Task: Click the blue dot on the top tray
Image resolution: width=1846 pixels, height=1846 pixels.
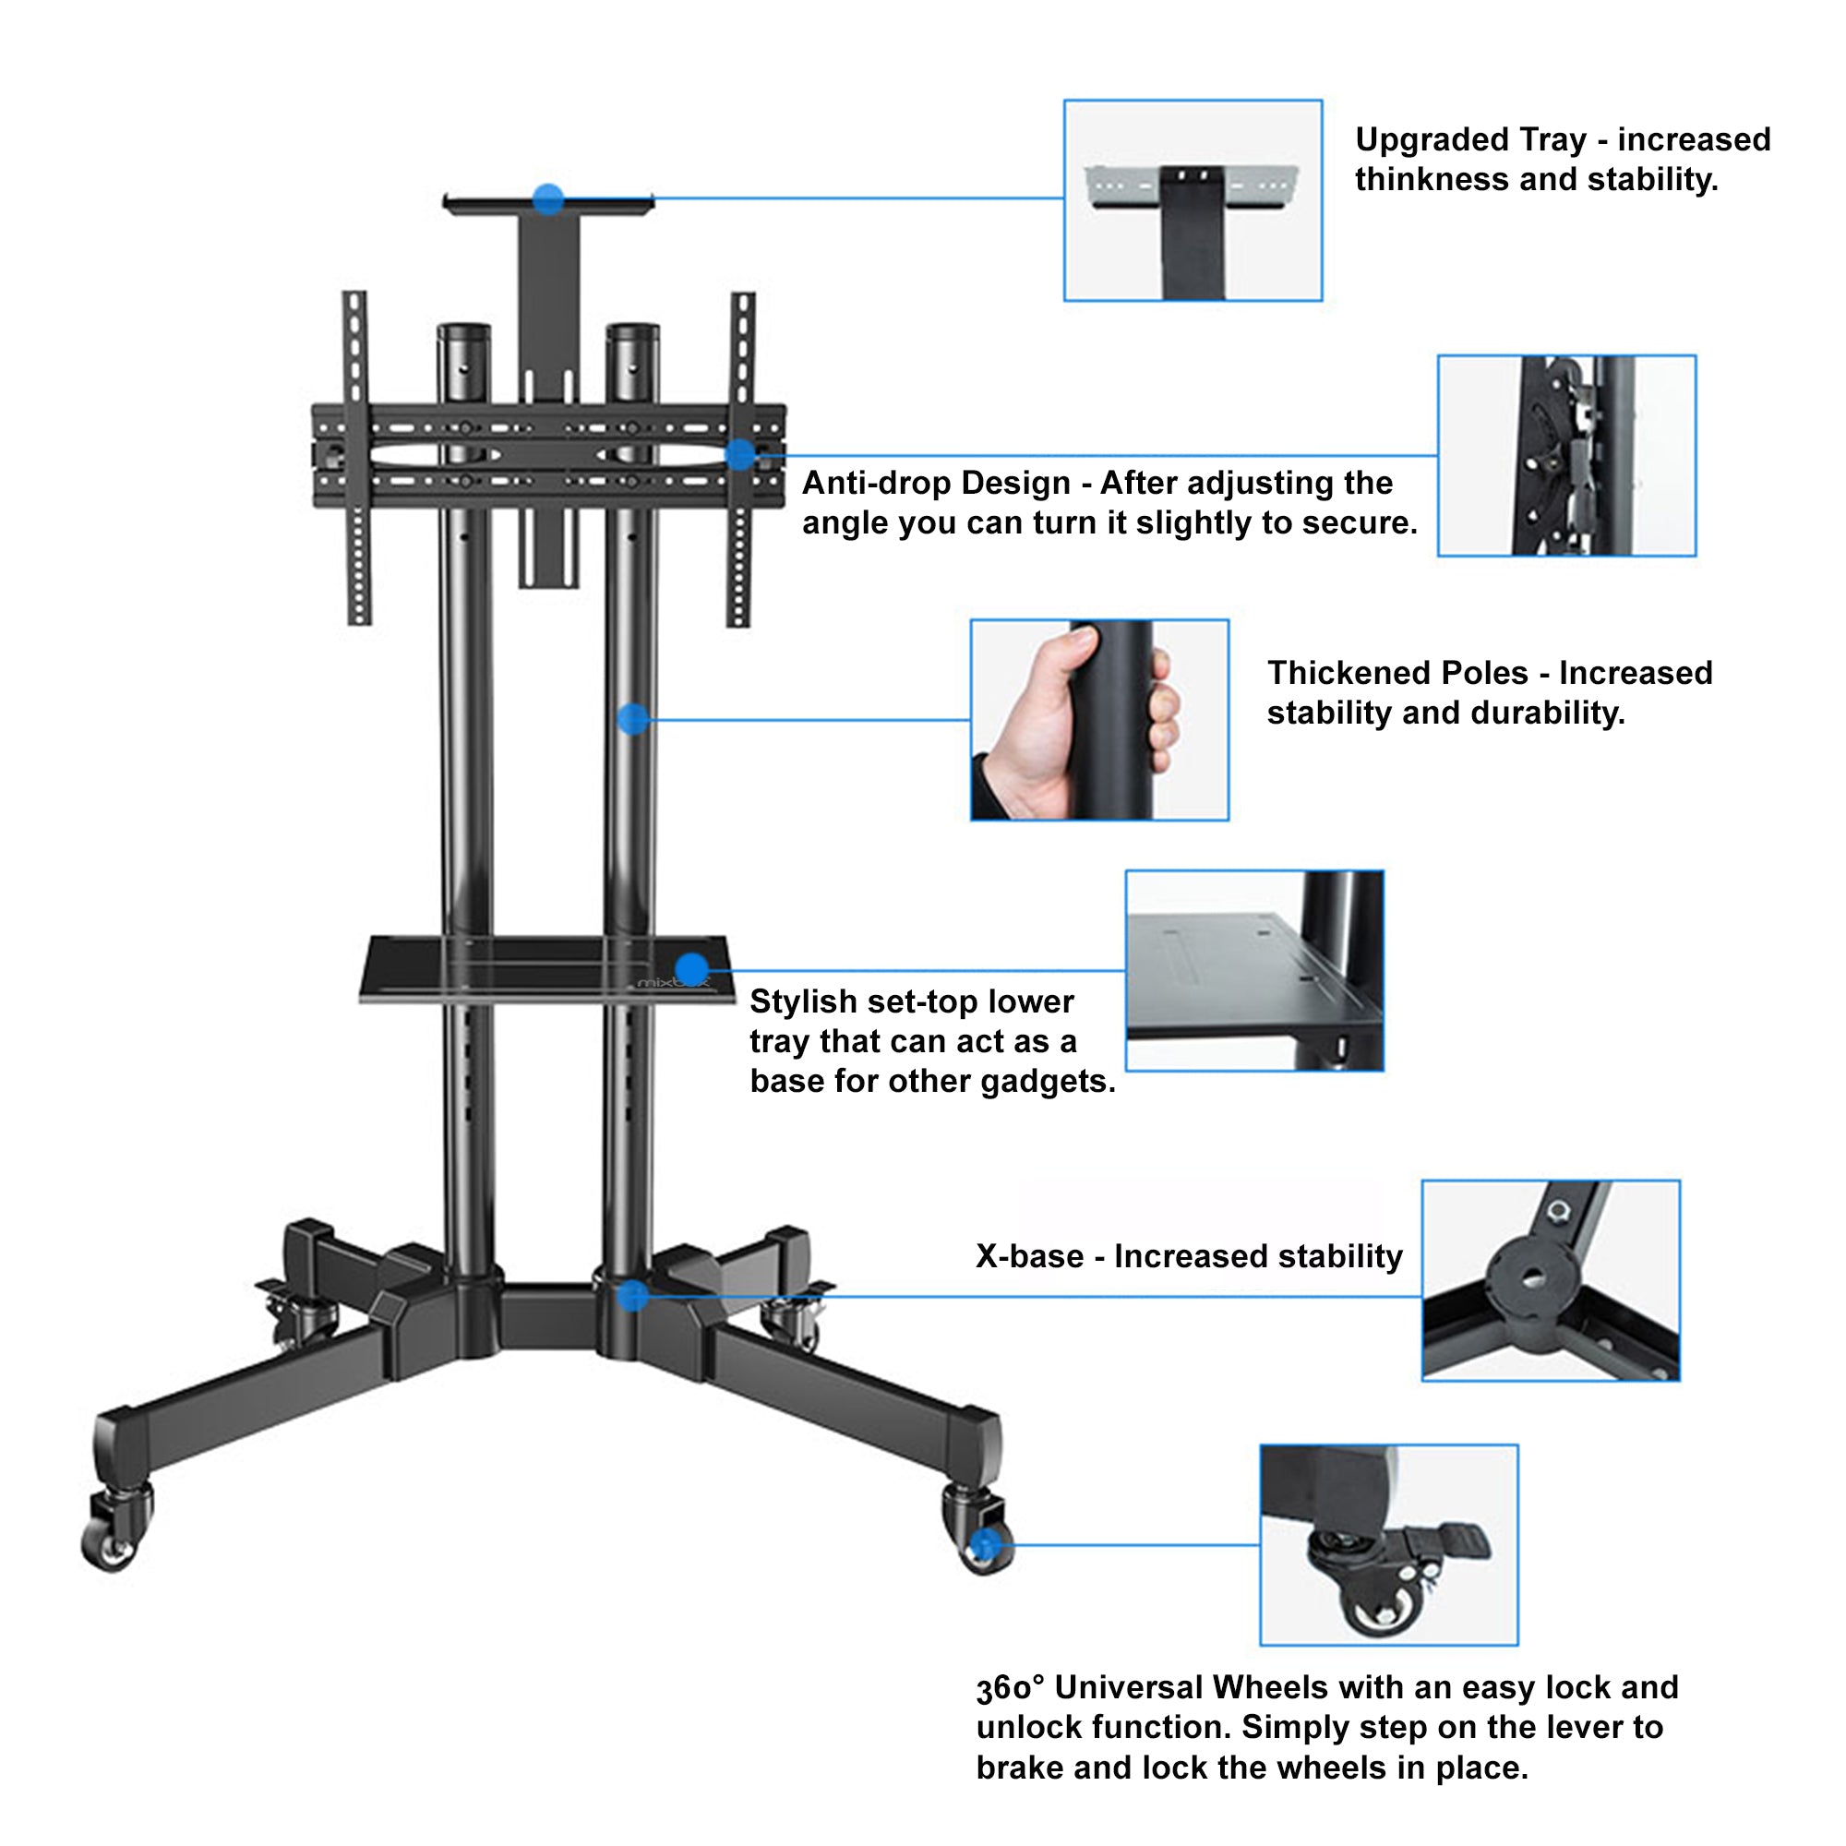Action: [x=548, y=199]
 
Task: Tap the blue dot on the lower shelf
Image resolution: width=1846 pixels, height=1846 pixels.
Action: [x=690, y=969]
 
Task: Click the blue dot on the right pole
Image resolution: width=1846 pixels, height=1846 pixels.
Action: [x=632, y=720]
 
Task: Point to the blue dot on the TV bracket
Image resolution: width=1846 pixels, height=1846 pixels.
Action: [x=739, y=455]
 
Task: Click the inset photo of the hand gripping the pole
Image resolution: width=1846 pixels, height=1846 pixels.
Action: [x=1100, y=721]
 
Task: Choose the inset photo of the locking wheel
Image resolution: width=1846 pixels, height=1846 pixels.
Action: [x=1388, y=1544]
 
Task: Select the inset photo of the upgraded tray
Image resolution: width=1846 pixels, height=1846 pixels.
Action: [x=1193, y=200]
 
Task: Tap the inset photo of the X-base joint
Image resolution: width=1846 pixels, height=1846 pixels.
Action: [x=1550, y=1280]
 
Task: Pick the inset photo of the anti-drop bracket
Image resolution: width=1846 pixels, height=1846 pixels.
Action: [x=1566, y=456]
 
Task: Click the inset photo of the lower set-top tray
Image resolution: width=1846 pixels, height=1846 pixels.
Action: [x=1254, y=971]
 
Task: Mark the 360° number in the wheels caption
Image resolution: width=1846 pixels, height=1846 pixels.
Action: [x=1009, y=1688]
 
